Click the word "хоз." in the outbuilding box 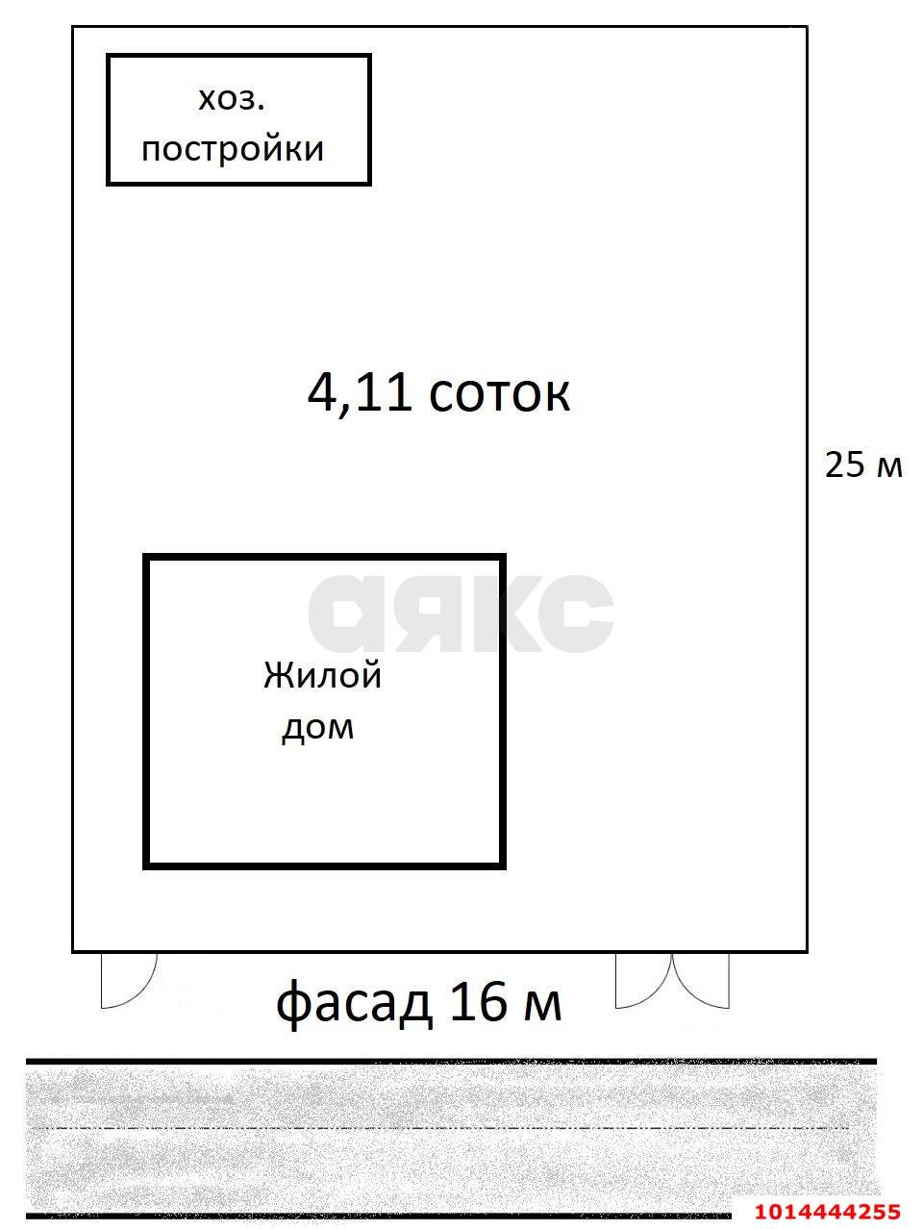[x=231, y=99]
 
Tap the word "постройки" [x=233, y=149]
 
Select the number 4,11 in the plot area [x=361, y=392]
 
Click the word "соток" [x=499, y=393]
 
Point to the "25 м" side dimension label [x=863, y=464]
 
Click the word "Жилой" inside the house [x=323, y=675]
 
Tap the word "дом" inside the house [x=317, y=727]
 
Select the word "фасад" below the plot [x=354, y=1003]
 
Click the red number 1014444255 [x=827, y=1212]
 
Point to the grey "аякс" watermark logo [x=461, y=613]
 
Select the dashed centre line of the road [x=442, y=1127]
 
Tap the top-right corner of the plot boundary [x=806, y=27]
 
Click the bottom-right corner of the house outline [x=503, y=865]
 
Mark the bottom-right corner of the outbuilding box [x=369, y=182]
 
